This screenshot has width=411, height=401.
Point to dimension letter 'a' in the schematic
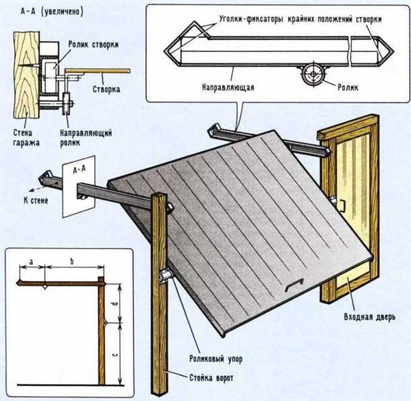(x=32, y=259)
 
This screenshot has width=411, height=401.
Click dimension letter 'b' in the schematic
(x=71, y=259)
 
